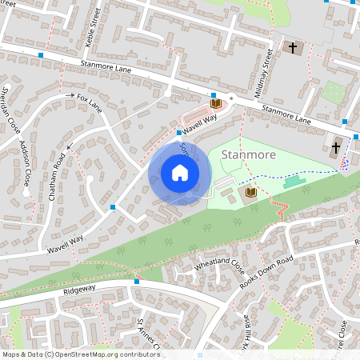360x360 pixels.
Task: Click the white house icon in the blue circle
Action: pos(179,173)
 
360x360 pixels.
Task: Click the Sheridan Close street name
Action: pos(10,109)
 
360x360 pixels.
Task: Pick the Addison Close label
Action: pos(25,164)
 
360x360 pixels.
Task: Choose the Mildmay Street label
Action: pos(264,73)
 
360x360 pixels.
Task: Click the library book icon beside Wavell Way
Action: pos(214,103)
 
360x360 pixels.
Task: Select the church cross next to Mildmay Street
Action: pos(293,48)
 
